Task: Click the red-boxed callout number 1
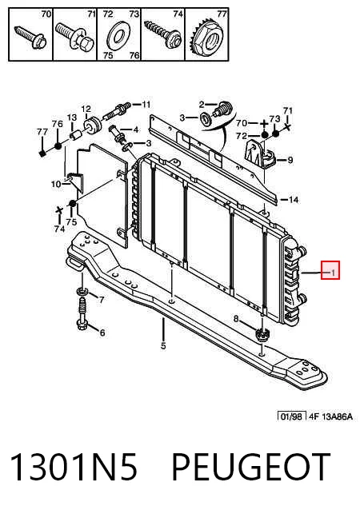coord(332,273)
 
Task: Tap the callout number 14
coord(294,199)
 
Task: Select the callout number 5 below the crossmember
coord(163,345)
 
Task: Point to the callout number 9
coord(290,160)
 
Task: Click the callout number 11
coord(146,105)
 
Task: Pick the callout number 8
coord(236,319)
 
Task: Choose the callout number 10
coord(56,184)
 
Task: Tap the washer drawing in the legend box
coord(119,34)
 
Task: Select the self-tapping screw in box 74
coord(162,34)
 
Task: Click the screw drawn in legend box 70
coord(31,38)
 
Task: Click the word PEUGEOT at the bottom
coord(250,468)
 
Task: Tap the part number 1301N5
coord(74,468)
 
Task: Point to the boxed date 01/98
coord(292,416)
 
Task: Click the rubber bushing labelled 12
coord(91,125)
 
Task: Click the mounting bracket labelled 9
coord(259,153)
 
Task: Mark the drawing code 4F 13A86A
coord(330,416)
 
